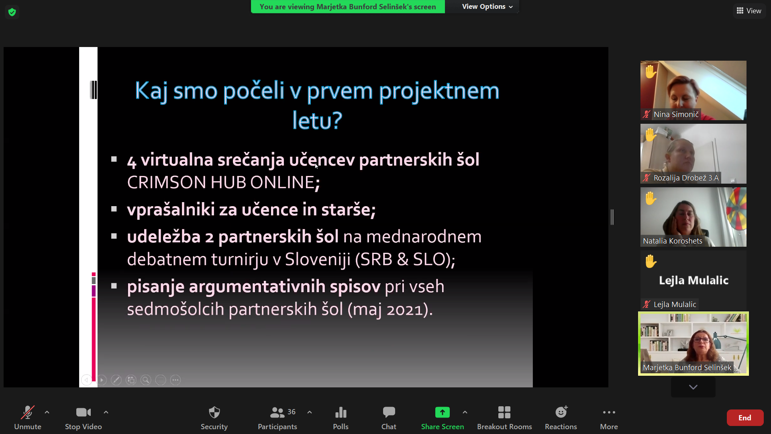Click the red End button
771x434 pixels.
(745, 418)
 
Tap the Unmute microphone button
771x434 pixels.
(28, 413)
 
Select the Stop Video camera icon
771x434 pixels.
(84, 412)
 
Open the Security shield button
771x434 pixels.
(214, 412)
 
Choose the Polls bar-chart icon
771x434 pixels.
(341, 412)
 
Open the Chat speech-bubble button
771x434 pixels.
(389, 412)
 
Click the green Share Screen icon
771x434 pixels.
(443, 412)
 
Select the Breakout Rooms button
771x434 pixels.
(504, 412)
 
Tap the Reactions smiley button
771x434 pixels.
(561, 412)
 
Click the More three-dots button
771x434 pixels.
(609, 412)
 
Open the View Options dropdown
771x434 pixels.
(487, 6)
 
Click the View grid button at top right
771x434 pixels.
(749, 11)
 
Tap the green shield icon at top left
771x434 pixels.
(12, 12)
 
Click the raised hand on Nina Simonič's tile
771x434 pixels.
(651, 72)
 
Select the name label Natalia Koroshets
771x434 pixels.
(673, 241)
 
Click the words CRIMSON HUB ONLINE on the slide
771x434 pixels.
(221, 182)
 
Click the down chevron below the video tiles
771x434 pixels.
(693, 387)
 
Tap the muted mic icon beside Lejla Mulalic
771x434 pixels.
(647, 305)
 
